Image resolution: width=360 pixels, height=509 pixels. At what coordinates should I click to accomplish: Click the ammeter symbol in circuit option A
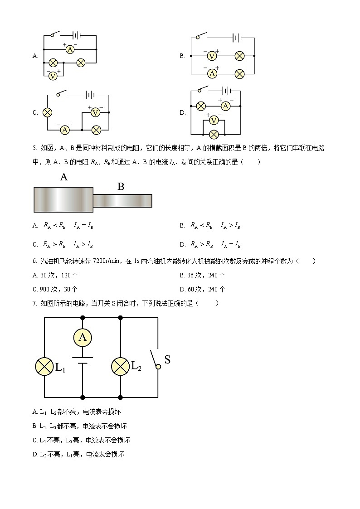pos(70,49)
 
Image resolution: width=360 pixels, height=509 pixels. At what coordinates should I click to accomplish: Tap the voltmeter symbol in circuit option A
pos(53,76)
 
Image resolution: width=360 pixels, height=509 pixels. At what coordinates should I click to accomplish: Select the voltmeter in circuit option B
pos(211,56)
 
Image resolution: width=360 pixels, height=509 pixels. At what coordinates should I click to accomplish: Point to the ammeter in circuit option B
pos(211,73)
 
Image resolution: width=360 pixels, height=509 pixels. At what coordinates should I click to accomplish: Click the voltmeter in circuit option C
pos(95,112)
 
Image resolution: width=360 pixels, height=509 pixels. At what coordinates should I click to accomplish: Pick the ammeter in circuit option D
pos(226,106)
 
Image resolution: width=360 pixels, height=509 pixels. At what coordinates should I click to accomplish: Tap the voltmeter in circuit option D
pos(214,121)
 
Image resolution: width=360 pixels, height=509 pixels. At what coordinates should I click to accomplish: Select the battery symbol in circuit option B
pos(236,38)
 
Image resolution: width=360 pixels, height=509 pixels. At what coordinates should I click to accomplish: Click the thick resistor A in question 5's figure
pos(63,199)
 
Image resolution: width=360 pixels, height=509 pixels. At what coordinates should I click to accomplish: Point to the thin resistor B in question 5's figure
pos(122,200)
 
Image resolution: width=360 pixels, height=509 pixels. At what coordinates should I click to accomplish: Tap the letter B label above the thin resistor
pos(121,186)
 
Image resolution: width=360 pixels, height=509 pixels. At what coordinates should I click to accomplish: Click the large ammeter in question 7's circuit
pos(83,337)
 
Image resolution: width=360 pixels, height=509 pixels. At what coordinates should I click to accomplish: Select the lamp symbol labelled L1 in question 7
pos(44,366)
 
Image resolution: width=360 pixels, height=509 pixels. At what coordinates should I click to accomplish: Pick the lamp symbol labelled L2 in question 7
pos(121,366)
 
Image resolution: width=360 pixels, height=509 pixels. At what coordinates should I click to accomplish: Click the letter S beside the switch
pos(167,360)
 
